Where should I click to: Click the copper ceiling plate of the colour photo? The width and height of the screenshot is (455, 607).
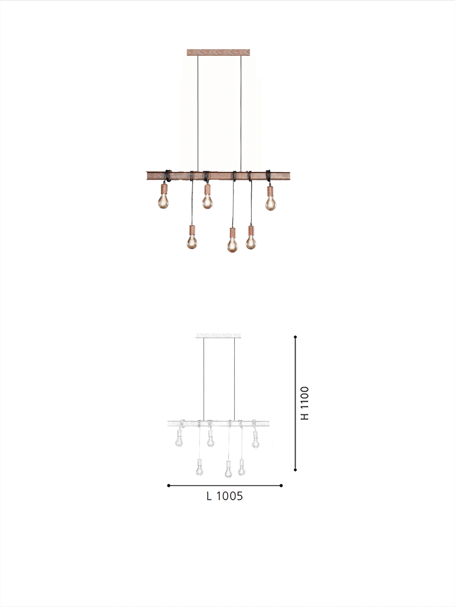coord(218,52)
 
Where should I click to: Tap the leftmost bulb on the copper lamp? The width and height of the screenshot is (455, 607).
coord(163,201)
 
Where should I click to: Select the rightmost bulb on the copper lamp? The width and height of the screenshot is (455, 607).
coord(271,203)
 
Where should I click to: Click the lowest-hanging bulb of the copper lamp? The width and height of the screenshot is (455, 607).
coord(232,244)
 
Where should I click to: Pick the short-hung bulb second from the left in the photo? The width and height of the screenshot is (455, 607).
coord(208,201)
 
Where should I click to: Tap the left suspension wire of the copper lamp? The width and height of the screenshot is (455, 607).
coord(198,114)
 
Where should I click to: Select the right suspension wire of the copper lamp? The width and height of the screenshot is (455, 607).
coord(241,114)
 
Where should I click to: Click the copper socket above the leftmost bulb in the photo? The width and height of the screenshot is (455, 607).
coord(164,188)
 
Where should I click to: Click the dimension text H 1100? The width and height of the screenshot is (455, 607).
coord(305,403)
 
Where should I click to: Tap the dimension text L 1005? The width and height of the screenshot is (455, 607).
coord(224,496)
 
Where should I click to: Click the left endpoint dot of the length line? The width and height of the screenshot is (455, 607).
coord(169,485)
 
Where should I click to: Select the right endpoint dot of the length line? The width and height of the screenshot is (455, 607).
coord(281,485)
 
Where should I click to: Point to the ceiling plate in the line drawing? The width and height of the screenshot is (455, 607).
coord(218,336)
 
